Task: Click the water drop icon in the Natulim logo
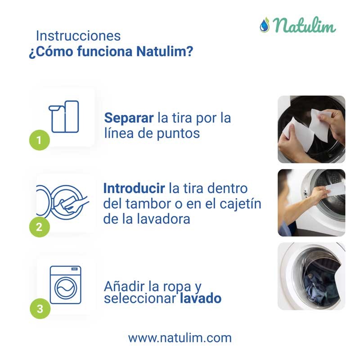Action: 264,25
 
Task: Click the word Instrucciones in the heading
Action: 78,36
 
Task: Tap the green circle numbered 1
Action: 39,140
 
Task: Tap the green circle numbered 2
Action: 39,227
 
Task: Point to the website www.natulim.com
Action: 180,337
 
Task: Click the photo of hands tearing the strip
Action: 311,129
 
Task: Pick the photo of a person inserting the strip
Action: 311,202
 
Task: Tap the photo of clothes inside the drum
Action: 311,276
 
